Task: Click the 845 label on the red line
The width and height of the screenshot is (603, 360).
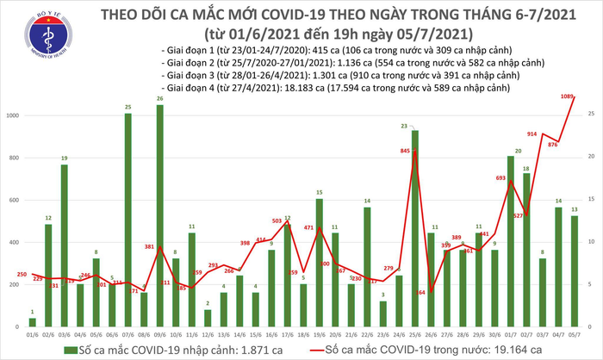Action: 405,152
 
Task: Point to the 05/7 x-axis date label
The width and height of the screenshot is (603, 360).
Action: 573,329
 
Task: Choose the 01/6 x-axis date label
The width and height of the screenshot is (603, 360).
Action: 32,329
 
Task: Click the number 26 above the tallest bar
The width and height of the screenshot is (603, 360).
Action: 159,99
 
